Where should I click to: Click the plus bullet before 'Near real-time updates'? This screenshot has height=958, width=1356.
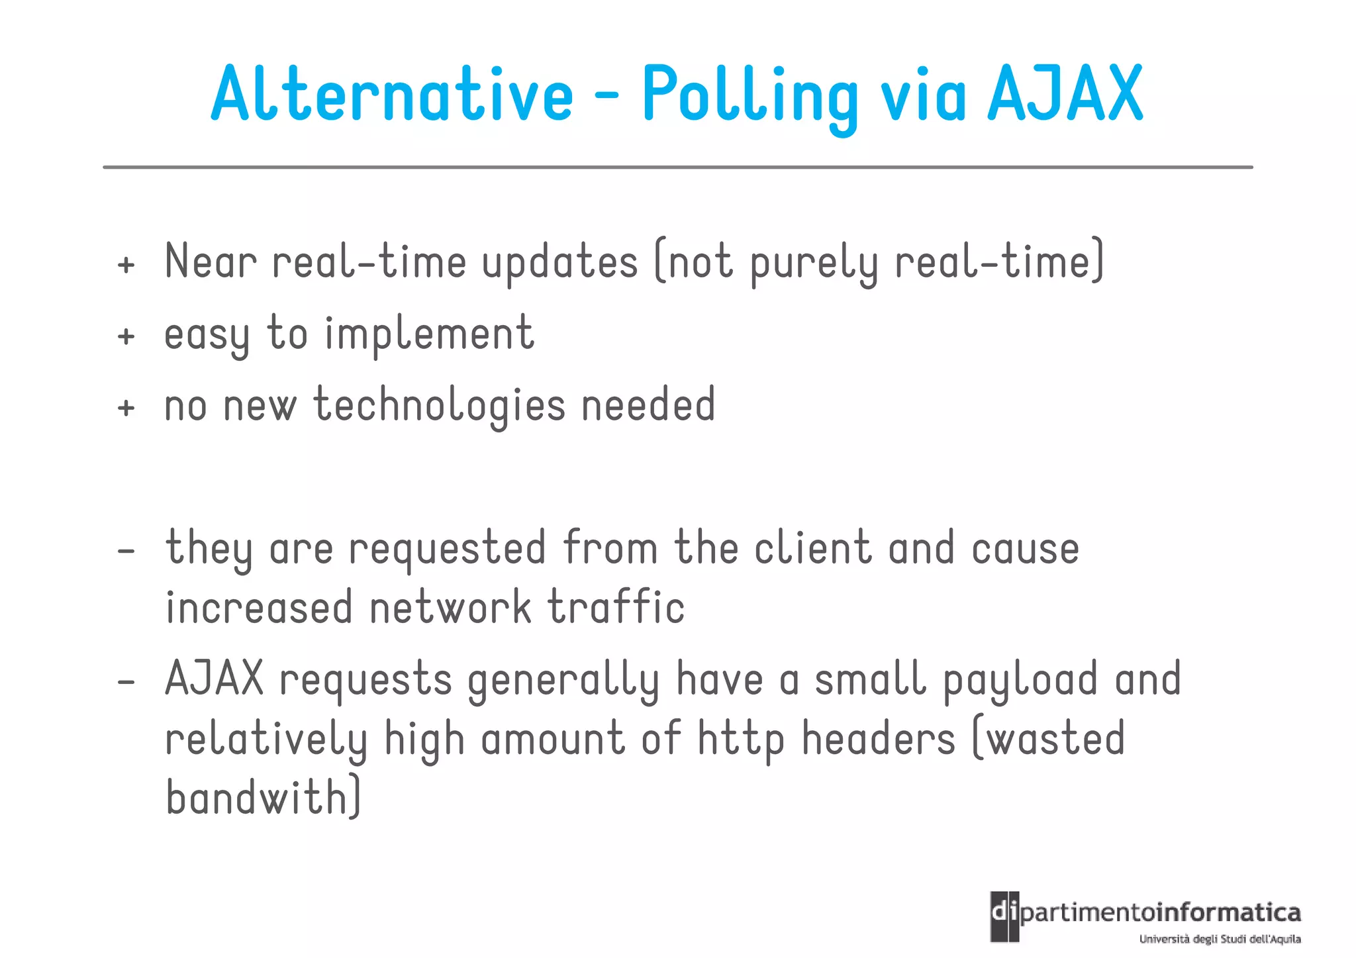[126, 265]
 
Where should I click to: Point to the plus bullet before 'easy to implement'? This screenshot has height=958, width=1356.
[126, 336]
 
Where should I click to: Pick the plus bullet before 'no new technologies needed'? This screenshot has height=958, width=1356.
[126, 408]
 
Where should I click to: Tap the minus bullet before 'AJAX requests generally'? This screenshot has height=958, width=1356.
[126, 681]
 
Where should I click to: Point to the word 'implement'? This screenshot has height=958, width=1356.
[429, 333]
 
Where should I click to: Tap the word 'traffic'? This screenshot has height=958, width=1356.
[616, 608]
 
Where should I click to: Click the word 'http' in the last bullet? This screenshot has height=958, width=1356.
[742, 740]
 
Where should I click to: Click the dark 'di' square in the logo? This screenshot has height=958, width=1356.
[1004, 916]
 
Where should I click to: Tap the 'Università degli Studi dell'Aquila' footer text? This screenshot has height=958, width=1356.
[1220, 939]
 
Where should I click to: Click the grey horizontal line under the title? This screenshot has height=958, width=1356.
[678, 168]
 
